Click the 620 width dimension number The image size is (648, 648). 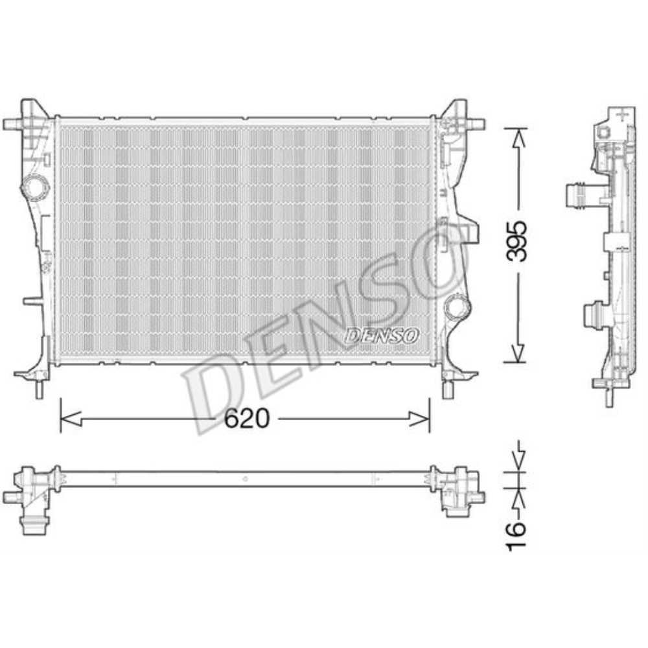(x=246, y=419)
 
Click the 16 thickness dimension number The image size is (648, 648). (x=516, y=536)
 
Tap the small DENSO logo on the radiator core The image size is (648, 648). (x=382, y=336)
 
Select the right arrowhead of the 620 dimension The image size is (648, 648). (x=419, y=419)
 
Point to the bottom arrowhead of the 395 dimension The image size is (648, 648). (x=517, y=353)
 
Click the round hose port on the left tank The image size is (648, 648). (x=35, y=188)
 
